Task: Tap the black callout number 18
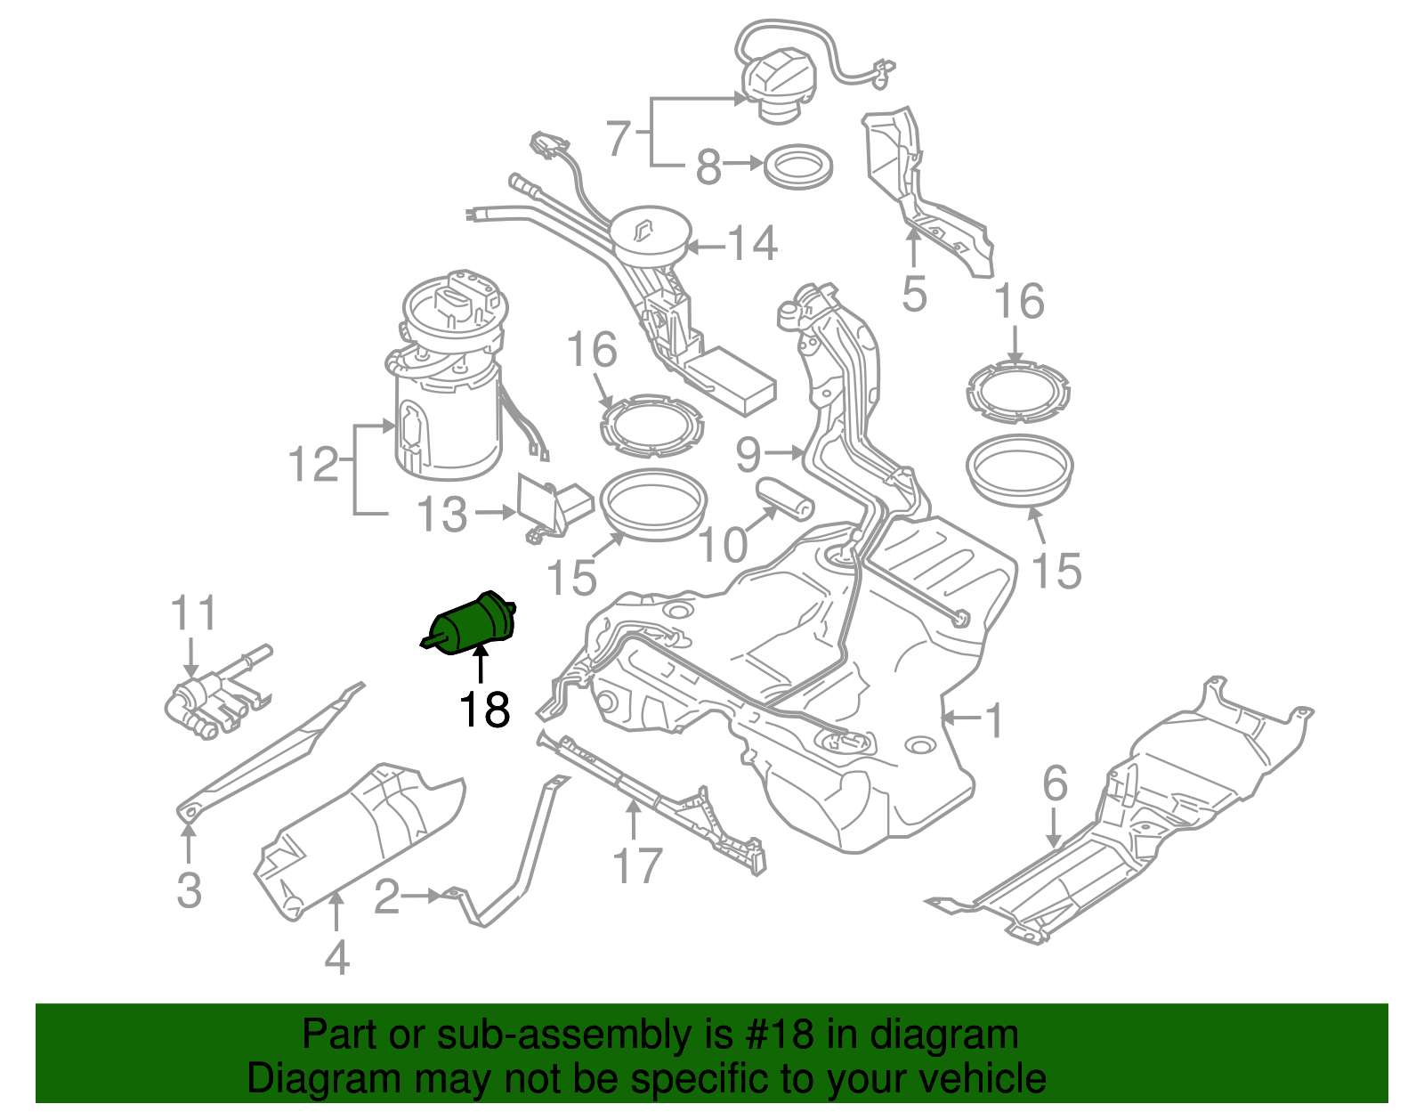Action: [x=484, y=710]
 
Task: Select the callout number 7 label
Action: [x=619, y=138]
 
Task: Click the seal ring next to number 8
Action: [x=798, y=166]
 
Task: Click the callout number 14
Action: [x=753, y=244]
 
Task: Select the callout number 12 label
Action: [x=314, y=465]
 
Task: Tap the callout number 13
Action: [x=442, y=515]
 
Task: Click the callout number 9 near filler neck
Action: [x=748, y=455]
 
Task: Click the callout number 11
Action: [x=193, y=614]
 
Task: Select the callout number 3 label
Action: [x=189, y=890]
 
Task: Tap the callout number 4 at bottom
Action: [x=336, y=959]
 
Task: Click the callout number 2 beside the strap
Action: [x=386, y=897]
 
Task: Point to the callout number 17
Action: [x=637, y=866]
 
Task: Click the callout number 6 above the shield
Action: [x=1055, y=784]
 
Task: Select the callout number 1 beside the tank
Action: [x=994, y=720]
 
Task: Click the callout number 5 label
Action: [x=914, y=294]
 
